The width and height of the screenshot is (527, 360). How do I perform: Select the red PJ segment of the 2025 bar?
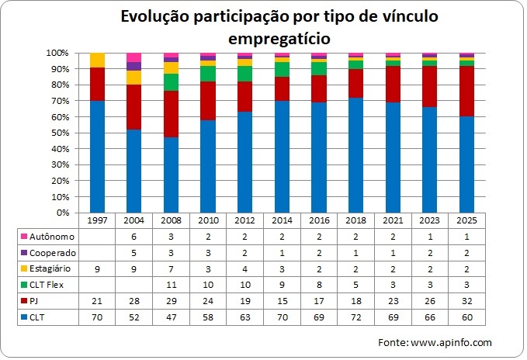pyautogui.click(x=466, y=91)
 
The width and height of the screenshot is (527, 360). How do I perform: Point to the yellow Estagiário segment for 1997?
pyautogui.click(x=97, y=60)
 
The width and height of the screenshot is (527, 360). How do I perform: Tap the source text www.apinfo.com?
pyautogui.click(x=435, y=342)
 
